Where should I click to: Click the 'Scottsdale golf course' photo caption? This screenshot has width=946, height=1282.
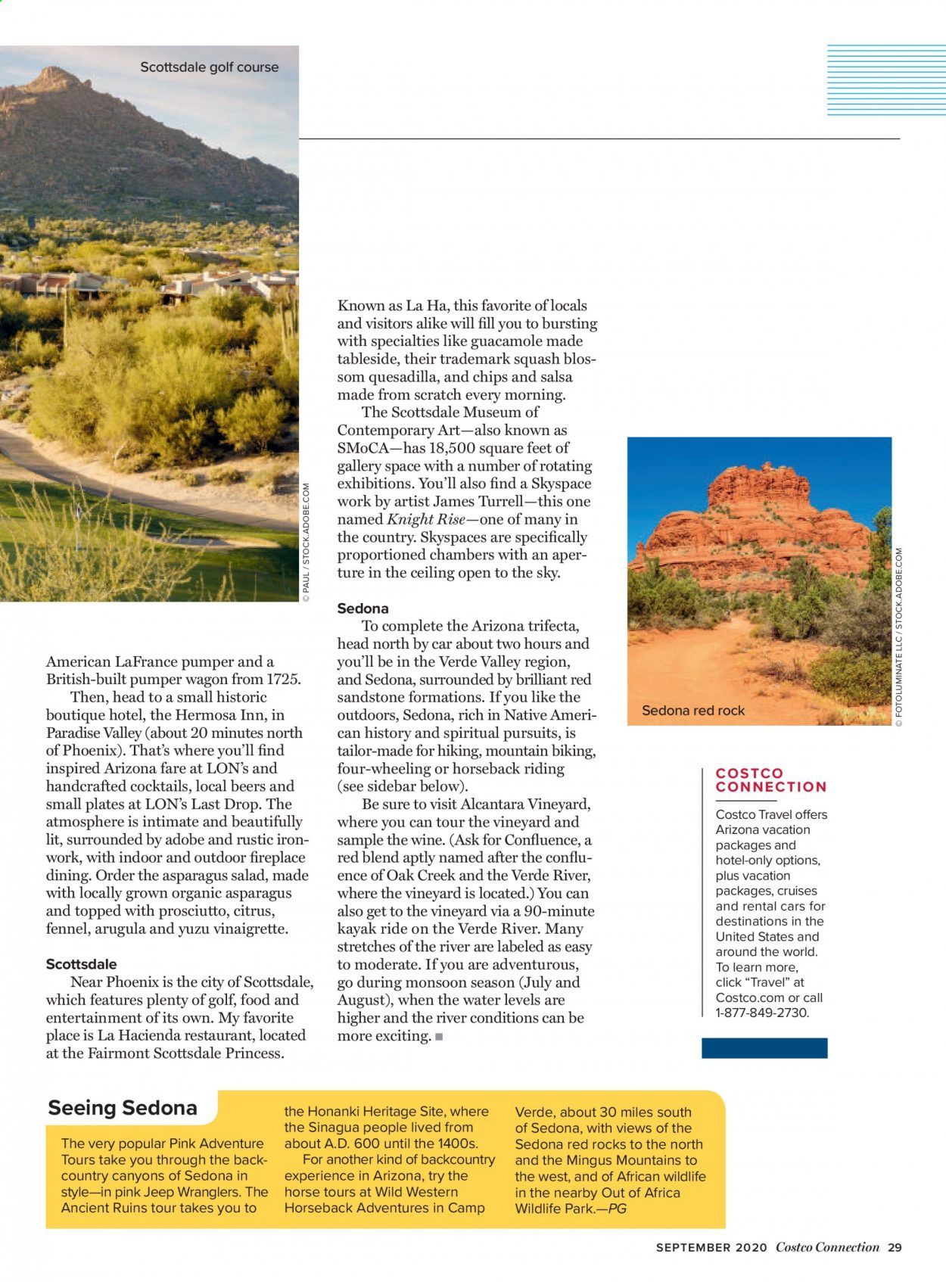tap(209, 67)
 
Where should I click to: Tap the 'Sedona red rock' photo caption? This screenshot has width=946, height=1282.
tap(692, 711)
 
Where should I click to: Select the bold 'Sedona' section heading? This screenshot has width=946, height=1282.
tap(363, 608)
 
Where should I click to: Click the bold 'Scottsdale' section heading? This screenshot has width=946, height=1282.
tap(81, 964)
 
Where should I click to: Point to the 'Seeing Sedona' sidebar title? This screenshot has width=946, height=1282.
tap(123, 1108)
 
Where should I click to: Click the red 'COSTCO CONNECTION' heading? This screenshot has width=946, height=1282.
tap(770, 780)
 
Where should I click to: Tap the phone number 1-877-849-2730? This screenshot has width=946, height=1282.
tap(761, 1013)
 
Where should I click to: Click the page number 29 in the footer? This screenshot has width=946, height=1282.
tap(895, 1247)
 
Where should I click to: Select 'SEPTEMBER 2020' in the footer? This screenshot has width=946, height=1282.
tap(711, 1247)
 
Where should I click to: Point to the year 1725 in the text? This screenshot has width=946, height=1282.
tap(282, 680)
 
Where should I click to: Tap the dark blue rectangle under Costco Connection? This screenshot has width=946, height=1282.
tap(764, 1048)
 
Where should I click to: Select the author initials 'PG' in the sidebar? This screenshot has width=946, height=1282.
tap(617, 1209)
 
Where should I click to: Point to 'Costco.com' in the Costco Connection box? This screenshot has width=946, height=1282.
tap(745, 997)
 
